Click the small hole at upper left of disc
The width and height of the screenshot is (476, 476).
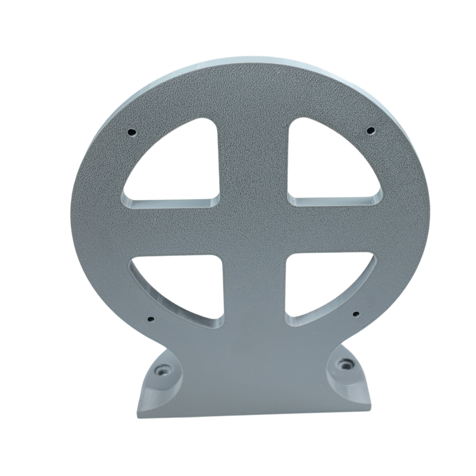coord(132,131)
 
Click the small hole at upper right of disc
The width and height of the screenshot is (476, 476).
coord(370,130)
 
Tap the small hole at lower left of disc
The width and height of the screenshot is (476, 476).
coord(149,318)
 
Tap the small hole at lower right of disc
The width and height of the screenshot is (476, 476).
coord(355,313)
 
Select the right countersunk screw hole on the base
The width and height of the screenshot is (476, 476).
coord(343,363)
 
